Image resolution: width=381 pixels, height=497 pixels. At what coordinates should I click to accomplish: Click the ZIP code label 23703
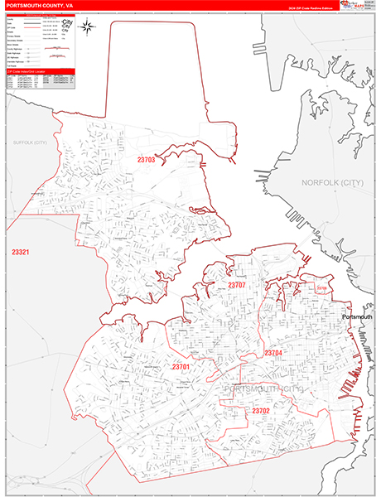point(146,157)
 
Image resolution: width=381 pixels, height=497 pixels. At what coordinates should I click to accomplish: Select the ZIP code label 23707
point(240,285)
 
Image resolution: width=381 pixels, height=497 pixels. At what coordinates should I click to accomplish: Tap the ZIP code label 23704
point(273,353)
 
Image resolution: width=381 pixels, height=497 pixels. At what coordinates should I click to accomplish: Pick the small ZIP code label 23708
point(322,288)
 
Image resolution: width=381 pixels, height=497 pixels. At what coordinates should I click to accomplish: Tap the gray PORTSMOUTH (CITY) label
point(263,388)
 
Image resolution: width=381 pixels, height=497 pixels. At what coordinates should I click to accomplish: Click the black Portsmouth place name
point(358,316)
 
